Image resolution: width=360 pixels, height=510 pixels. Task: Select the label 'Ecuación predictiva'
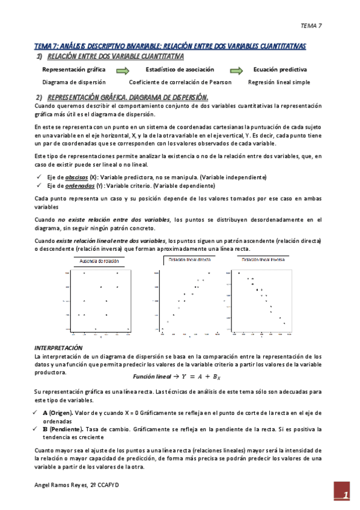pos(279,70)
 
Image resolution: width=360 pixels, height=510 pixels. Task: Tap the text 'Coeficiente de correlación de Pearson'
pos(181,82)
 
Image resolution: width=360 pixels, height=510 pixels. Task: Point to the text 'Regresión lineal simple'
pos(279,82)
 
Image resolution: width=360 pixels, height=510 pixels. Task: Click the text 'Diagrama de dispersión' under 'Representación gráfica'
pos(74,82)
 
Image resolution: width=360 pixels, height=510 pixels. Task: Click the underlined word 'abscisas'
pos(76,177)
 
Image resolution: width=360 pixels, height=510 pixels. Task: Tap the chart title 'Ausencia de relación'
pos(100,261)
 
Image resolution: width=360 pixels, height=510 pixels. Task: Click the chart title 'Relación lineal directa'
pos(190,259)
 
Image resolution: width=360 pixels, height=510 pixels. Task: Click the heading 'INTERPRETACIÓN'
pos(58,348)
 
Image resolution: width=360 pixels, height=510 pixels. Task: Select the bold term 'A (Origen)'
pos(59,413)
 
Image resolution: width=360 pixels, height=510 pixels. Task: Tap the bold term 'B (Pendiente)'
pos(63,429)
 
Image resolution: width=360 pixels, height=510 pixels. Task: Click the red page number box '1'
pos(344,494)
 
